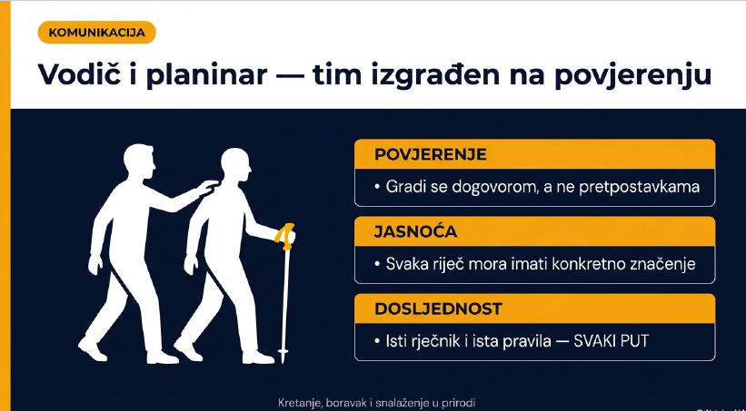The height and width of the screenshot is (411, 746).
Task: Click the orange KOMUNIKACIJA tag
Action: click(97, 33)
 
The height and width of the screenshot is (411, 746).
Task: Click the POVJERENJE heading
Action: click(431, 154)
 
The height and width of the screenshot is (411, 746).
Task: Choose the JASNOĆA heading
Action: click(415, 231)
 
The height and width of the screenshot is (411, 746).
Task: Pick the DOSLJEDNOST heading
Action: click(438, 308)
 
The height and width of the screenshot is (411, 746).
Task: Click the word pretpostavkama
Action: click(639, 187)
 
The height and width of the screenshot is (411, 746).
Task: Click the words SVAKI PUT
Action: click(612, 342)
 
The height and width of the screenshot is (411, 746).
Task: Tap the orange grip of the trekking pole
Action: click(286, 236)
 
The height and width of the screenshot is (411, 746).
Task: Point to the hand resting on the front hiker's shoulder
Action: click(208, 187)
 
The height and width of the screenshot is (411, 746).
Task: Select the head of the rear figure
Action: click(138, 162)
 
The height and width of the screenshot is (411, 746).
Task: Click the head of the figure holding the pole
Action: click(236, 165)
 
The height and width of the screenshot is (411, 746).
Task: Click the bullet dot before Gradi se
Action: click(378, 188)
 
